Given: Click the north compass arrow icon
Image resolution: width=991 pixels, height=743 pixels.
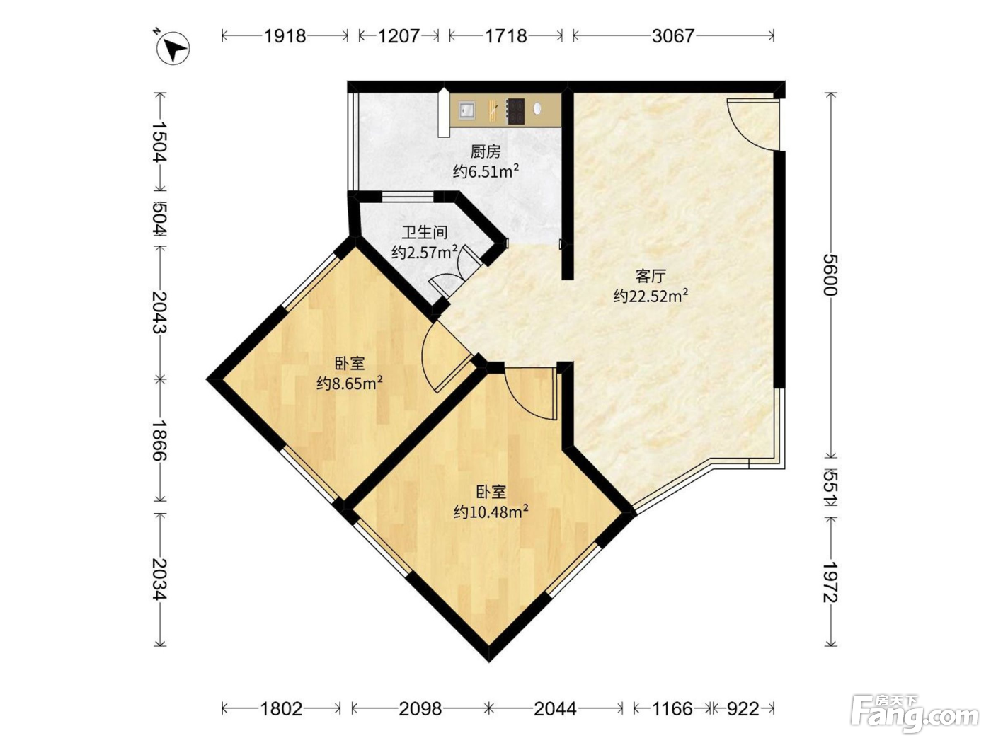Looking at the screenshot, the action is pos(173,48).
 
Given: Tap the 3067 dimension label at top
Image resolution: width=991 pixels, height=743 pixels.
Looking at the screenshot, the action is pos(672,36).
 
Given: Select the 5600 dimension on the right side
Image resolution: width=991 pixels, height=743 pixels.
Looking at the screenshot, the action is pos(831,275).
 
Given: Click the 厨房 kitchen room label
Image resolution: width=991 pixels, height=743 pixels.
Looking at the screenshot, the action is pos(486,152).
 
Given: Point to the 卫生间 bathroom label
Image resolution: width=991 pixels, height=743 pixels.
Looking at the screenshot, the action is pos(425,233).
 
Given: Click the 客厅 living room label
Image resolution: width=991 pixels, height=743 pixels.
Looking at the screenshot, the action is pos(651,276).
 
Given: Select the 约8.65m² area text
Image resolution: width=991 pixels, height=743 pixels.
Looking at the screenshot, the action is pos(350,384).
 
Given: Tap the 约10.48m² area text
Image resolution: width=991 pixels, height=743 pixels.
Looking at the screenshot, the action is pos(491,512).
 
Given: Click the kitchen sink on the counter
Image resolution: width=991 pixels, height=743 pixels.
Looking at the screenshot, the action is pos(466,110).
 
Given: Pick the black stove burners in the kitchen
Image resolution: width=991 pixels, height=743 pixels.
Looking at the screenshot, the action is pos(515,111).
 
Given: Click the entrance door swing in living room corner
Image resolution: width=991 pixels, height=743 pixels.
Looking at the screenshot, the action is pos(752,123).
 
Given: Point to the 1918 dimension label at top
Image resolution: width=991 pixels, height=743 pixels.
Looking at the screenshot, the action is pos(285,36).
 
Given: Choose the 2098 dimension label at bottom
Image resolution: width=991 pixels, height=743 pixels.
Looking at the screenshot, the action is pos(420,710).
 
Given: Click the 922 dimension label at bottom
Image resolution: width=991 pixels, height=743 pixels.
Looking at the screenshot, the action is pos(743,710).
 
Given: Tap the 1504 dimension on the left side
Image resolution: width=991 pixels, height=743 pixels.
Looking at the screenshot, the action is pos(159,142).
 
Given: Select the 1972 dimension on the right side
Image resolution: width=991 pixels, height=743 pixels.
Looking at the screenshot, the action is pos(831,582).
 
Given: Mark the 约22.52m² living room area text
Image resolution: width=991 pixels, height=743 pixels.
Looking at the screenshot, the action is pos(651,296).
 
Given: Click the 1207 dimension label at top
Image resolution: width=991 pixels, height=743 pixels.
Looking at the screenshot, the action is pos(399,36).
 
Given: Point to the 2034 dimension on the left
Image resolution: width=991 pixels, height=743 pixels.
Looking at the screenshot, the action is pos(159,580).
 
